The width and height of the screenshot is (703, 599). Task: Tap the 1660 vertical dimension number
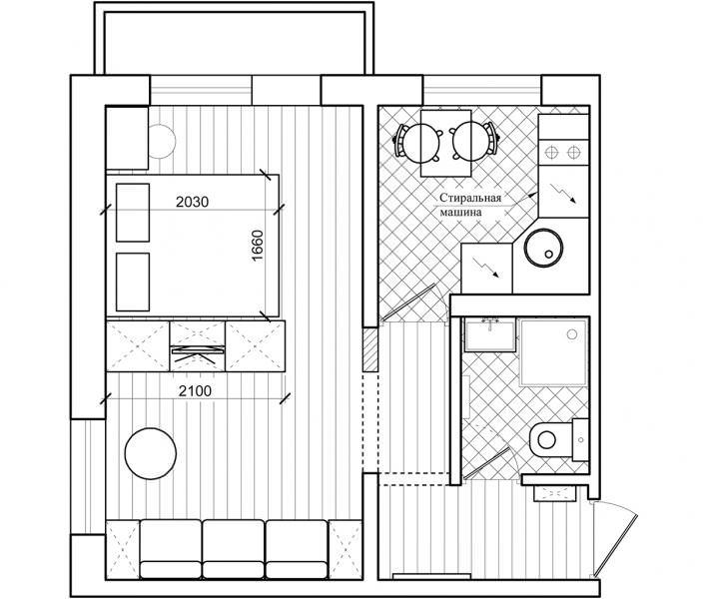pyautogui.click(x=257, y=246)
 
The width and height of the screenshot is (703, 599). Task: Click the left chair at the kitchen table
pyautogui.click(x=410, y=141)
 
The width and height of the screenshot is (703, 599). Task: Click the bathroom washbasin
pyautogui.click(x=489, y=334)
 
